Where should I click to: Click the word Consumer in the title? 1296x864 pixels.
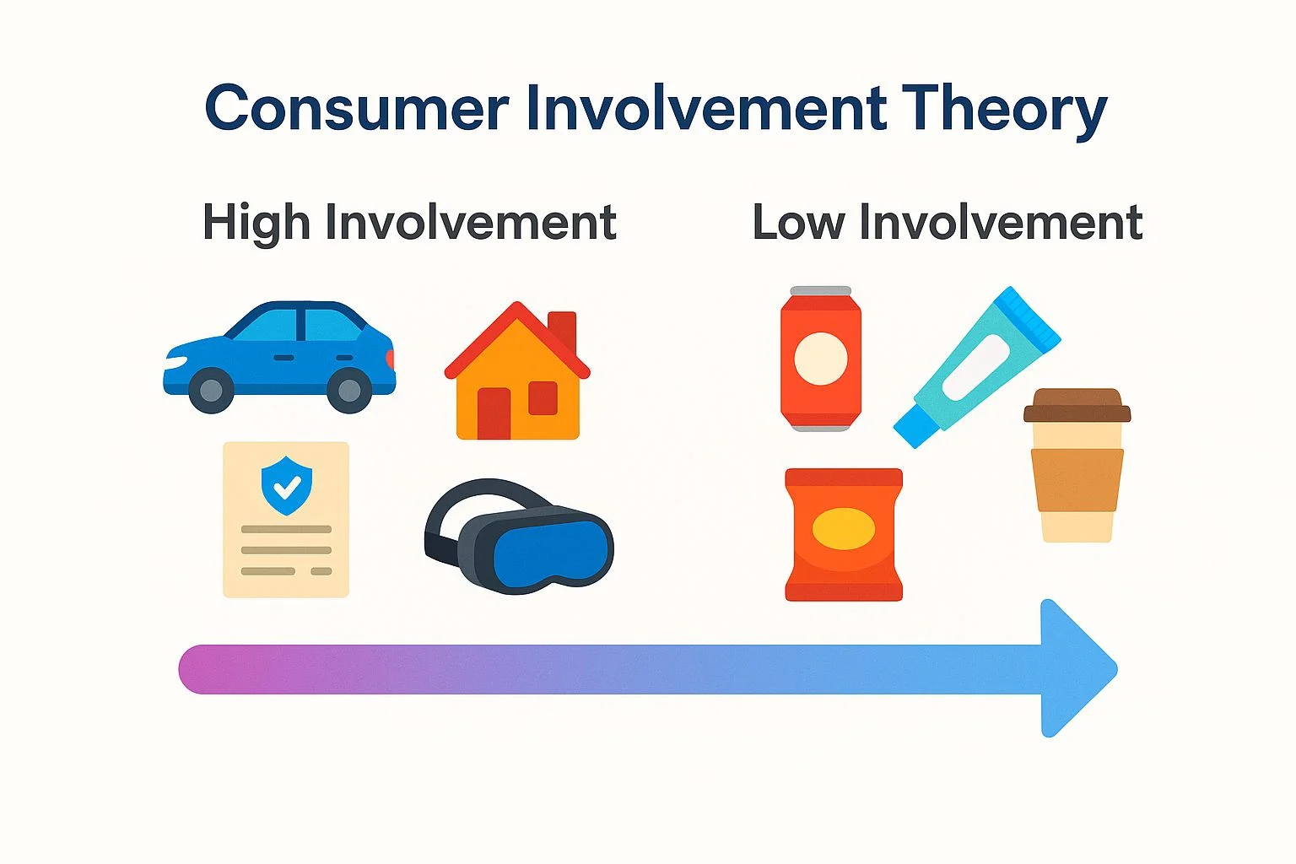click(x=357, y=108)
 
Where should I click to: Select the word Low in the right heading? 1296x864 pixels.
click(x=799, y=222)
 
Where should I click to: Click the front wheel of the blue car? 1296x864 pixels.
click(x=211, y=390)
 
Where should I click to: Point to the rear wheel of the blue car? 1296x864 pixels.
click(x=348, y=390)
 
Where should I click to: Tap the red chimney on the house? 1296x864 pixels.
click(x=563, y=332)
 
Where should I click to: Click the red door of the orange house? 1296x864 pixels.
click(x=494, y=413)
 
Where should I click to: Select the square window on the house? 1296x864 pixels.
click(x=543, y=398)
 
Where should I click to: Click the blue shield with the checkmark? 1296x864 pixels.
click(x=286, y=485)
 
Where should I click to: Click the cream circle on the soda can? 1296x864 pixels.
click(x=820, y=359)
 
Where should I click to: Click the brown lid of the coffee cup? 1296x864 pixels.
click(x=1077, y=405)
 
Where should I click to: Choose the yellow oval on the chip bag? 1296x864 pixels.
click(x=844, y=528)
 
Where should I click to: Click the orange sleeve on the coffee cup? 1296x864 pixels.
click(x=1077, y=480)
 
